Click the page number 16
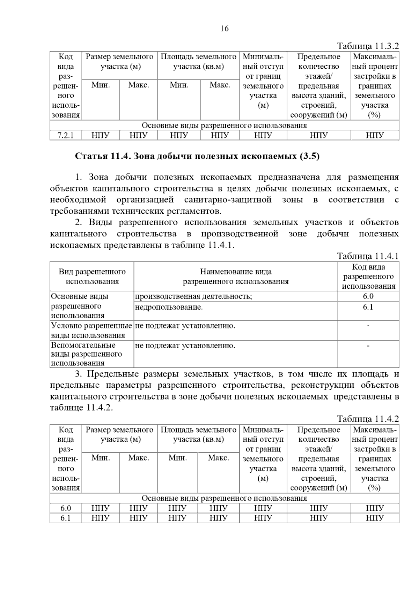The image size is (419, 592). click(225, 29)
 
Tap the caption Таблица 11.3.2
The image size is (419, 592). click(368, 46)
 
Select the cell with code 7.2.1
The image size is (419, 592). click(66, 135)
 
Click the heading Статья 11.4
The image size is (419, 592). click(197, 156)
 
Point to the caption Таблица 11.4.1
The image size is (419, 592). click(368, 256)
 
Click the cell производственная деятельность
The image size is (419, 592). click(193, 296)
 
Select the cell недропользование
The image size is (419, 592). click(169, 307)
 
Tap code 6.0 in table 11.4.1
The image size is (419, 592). click(368, 296)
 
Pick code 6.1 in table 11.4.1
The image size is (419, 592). click(368, 307)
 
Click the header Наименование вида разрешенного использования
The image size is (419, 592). click(236, 276)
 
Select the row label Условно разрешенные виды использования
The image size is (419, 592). click(91, 331)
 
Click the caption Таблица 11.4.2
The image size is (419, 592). click(368, 419)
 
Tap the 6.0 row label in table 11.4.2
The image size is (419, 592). click(66, 508)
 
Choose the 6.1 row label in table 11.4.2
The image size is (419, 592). click(66, 518)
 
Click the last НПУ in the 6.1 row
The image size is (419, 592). click(375, 518)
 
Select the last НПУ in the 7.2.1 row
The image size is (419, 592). click(375, 135)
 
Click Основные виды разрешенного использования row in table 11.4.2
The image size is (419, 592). click(224, 498)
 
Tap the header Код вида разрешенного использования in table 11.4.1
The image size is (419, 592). click(368, 276)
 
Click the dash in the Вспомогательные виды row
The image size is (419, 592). click(368, 346)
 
